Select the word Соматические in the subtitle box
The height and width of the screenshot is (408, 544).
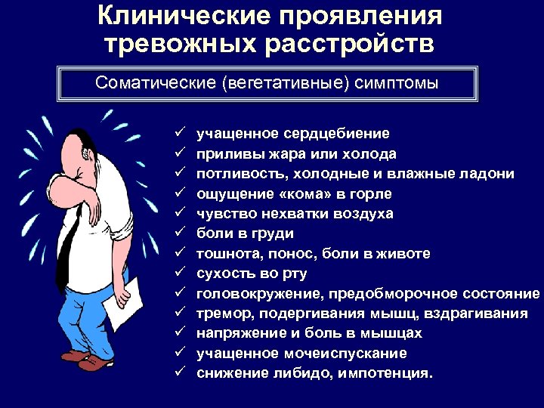[x=156, y=83]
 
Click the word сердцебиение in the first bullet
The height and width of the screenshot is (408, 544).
[x=337, y=134]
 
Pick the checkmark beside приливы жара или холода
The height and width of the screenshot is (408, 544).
[x=181, y=154]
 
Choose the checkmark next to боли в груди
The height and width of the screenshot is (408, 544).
[x=181, y=233]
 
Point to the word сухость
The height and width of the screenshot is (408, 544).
[x=225, y=274]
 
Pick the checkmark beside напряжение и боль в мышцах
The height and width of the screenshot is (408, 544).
[x=181, y=333]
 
